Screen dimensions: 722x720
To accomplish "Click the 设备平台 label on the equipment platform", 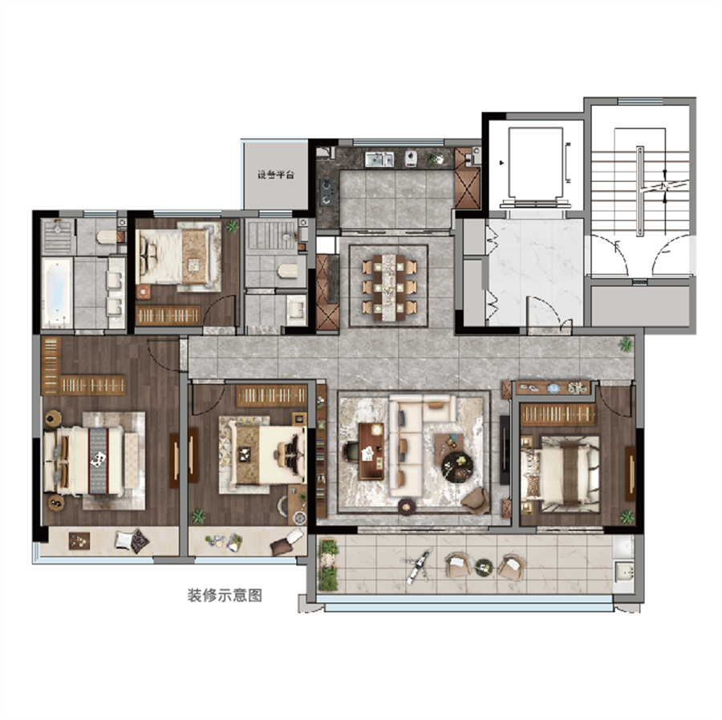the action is tap(275, 175).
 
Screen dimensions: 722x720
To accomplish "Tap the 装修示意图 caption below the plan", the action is tap(225, 595).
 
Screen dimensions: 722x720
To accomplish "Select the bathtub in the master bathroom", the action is tap(57, 293).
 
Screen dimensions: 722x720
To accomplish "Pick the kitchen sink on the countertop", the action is tap(379, 160).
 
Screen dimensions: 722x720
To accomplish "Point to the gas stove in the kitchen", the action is tap(328, 192).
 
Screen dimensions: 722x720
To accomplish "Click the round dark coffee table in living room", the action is tap(456, 467).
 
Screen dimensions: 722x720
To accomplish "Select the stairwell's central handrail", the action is tap(639, 191).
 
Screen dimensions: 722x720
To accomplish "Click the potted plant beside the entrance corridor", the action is tap(625, 344).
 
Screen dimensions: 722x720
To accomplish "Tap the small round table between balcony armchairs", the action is tap(484, 567).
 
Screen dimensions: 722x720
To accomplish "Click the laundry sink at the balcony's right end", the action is tap(624, 572).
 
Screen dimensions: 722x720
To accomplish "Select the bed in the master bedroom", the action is tap(83, 460).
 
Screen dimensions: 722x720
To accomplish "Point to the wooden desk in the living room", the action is tap(371, 451).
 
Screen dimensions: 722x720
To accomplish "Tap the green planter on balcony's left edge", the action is tap(328, 565).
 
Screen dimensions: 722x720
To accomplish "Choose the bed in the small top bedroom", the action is tap(175, 257).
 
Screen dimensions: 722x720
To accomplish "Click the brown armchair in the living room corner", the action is tap(476, 501).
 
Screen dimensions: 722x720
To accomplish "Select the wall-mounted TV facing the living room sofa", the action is tap(505, 450).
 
